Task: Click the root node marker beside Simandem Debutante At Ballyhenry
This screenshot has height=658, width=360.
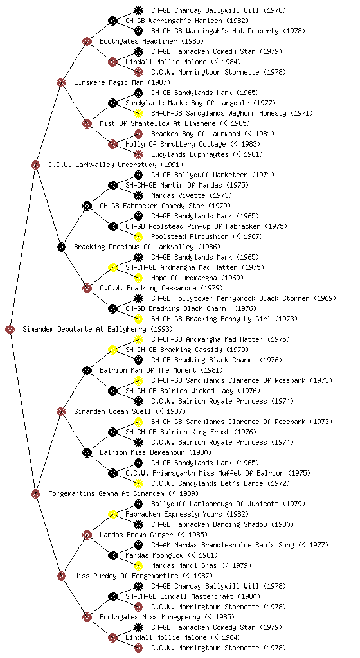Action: (10, 329)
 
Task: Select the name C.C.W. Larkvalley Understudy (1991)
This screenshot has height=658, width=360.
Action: (116, 164)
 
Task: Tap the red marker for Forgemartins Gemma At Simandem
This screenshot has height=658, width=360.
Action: (35, 493)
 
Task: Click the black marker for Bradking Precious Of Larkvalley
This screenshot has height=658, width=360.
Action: (61, 247)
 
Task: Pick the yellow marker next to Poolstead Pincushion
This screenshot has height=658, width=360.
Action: (138, 236)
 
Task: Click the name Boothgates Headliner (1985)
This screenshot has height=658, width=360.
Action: (152, 41)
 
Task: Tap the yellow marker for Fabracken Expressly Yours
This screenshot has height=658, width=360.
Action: (113, 514)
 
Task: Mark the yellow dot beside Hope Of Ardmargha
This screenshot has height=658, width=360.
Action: (138, 278)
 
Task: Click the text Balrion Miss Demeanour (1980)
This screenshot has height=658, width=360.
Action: (155, 452)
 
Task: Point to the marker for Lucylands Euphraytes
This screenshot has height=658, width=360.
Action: (138, 154)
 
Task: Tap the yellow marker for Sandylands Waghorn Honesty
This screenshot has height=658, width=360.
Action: (138, 113)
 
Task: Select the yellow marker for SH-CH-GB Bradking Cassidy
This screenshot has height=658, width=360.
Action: (113, 350)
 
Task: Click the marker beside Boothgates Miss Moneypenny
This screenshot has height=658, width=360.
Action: (87, 617)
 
